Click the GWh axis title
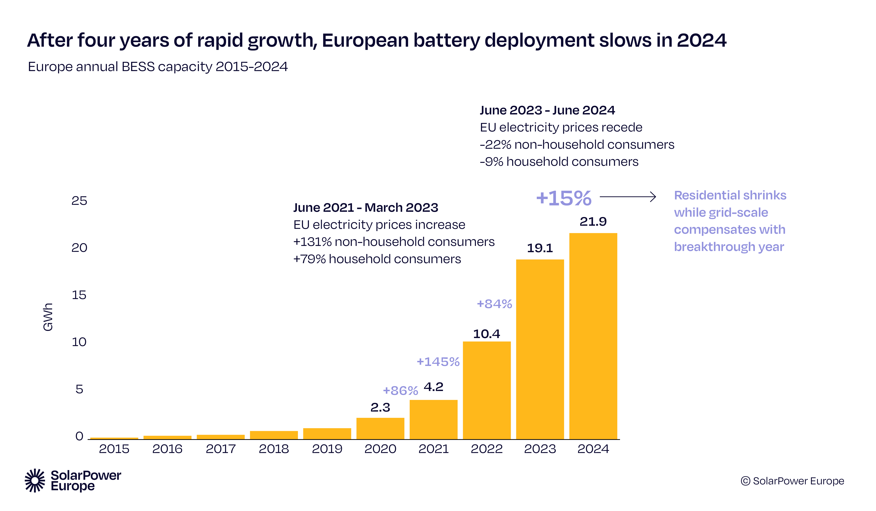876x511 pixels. tap(48, 317)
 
